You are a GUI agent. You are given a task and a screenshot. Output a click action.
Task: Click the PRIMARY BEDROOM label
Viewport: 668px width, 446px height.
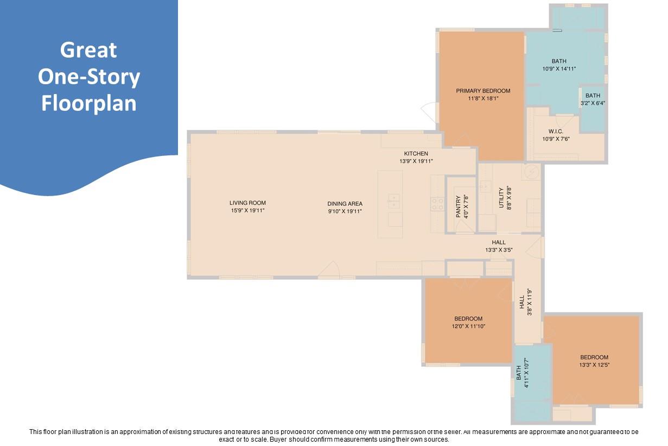point(483,91)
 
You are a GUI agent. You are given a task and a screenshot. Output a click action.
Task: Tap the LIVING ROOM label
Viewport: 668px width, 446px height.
point(247,203)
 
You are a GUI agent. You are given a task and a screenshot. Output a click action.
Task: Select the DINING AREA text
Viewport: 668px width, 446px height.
point(345,204)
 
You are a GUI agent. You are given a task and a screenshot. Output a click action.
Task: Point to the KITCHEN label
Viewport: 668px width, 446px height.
point(416,154)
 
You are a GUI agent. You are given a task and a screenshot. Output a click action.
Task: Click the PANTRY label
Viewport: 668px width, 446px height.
point(458,207)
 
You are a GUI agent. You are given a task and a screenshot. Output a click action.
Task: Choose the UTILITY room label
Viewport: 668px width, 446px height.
point(501,198)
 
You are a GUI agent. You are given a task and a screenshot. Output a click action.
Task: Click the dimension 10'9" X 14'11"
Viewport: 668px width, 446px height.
point(559,69)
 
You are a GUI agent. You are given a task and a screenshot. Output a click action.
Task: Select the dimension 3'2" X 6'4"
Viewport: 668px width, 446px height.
point(593,103)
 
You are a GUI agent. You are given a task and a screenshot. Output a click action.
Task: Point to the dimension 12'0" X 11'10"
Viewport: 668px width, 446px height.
point(468,326)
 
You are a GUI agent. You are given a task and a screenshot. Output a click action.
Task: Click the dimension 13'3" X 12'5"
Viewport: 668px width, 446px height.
point(594,365)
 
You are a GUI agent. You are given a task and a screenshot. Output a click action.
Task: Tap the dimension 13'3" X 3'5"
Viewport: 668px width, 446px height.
point(499,250)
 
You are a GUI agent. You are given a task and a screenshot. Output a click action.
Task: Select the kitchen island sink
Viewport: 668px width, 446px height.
point(394,200)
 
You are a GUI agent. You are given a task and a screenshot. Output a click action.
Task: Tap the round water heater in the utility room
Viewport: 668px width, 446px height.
point(531,172)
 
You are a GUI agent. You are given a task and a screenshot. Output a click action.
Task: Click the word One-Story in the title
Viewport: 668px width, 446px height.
point(89,77)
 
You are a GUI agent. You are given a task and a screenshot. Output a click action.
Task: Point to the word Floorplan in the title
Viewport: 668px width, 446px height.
point(89,103)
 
